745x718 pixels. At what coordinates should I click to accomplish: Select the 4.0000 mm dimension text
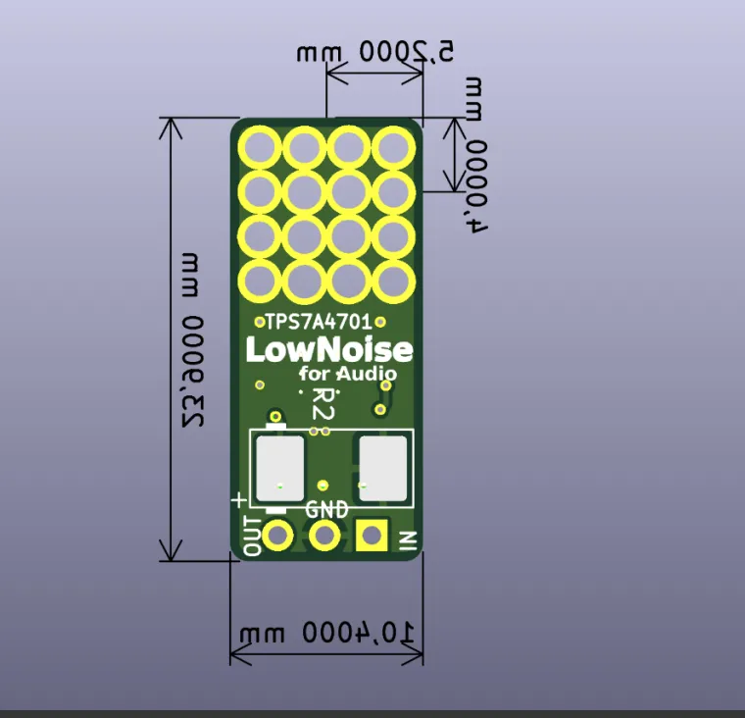476,156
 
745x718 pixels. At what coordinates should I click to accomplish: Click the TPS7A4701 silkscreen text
319,321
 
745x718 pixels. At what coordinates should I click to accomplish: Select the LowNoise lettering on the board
327,350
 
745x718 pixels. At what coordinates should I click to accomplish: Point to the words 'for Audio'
348,374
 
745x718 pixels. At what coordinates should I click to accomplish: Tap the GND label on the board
325,510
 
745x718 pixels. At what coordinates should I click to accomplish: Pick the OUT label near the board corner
252,536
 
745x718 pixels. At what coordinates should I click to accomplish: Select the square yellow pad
372,536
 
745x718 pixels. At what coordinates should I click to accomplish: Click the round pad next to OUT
278,536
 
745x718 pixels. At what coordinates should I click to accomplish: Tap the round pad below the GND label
324,536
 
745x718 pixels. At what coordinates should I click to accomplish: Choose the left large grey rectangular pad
279,466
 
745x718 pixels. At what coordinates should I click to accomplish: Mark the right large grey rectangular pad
382,466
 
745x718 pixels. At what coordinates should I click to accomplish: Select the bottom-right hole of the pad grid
394,281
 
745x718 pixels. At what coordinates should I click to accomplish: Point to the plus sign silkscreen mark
238,499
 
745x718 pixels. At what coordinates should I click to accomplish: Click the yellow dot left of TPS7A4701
259,321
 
